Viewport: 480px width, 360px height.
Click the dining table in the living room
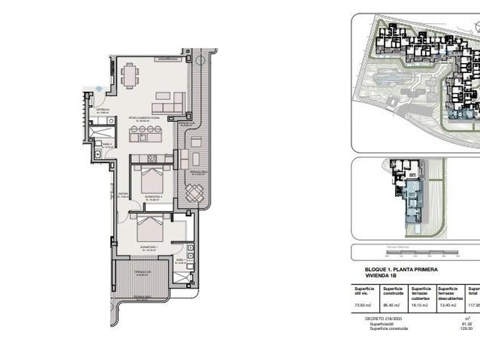pos(131,76)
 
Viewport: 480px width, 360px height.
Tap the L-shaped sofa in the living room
pos(170,101)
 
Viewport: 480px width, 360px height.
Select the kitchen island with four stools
pos(146,134)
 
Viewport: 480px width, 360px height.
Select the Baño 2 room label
pos(107,145)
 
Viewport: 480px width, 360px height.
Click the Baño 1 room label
pos(181,261)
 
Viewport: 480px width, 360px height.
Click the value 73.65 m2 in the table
pos(363,305)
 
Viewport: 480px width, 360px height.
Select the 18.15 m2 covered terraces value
pos(419,305)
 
